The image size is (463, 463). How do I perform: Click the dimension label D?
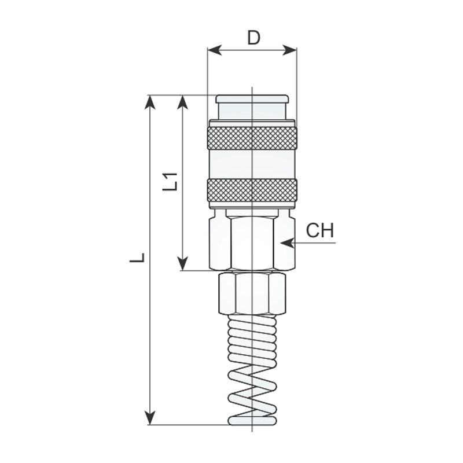[253, 38]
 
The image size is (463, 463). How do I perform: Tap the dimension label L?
[137, 258]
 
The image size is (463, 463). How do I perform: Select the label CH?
[320, 231]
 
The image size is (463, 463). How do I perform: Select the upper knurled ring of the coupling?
[252, 138]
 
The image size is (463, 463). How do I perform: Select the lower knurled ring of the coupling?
[252, 190]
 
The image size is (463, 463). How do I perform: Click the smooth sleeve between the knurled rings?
[252, 164]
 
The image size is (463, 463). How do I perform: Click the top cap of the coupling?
[252, 107]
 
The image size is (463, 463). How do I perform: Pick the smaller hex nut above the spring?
[252, 294]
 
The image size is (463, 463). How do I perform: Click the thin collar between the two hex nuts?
[252, 271]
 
